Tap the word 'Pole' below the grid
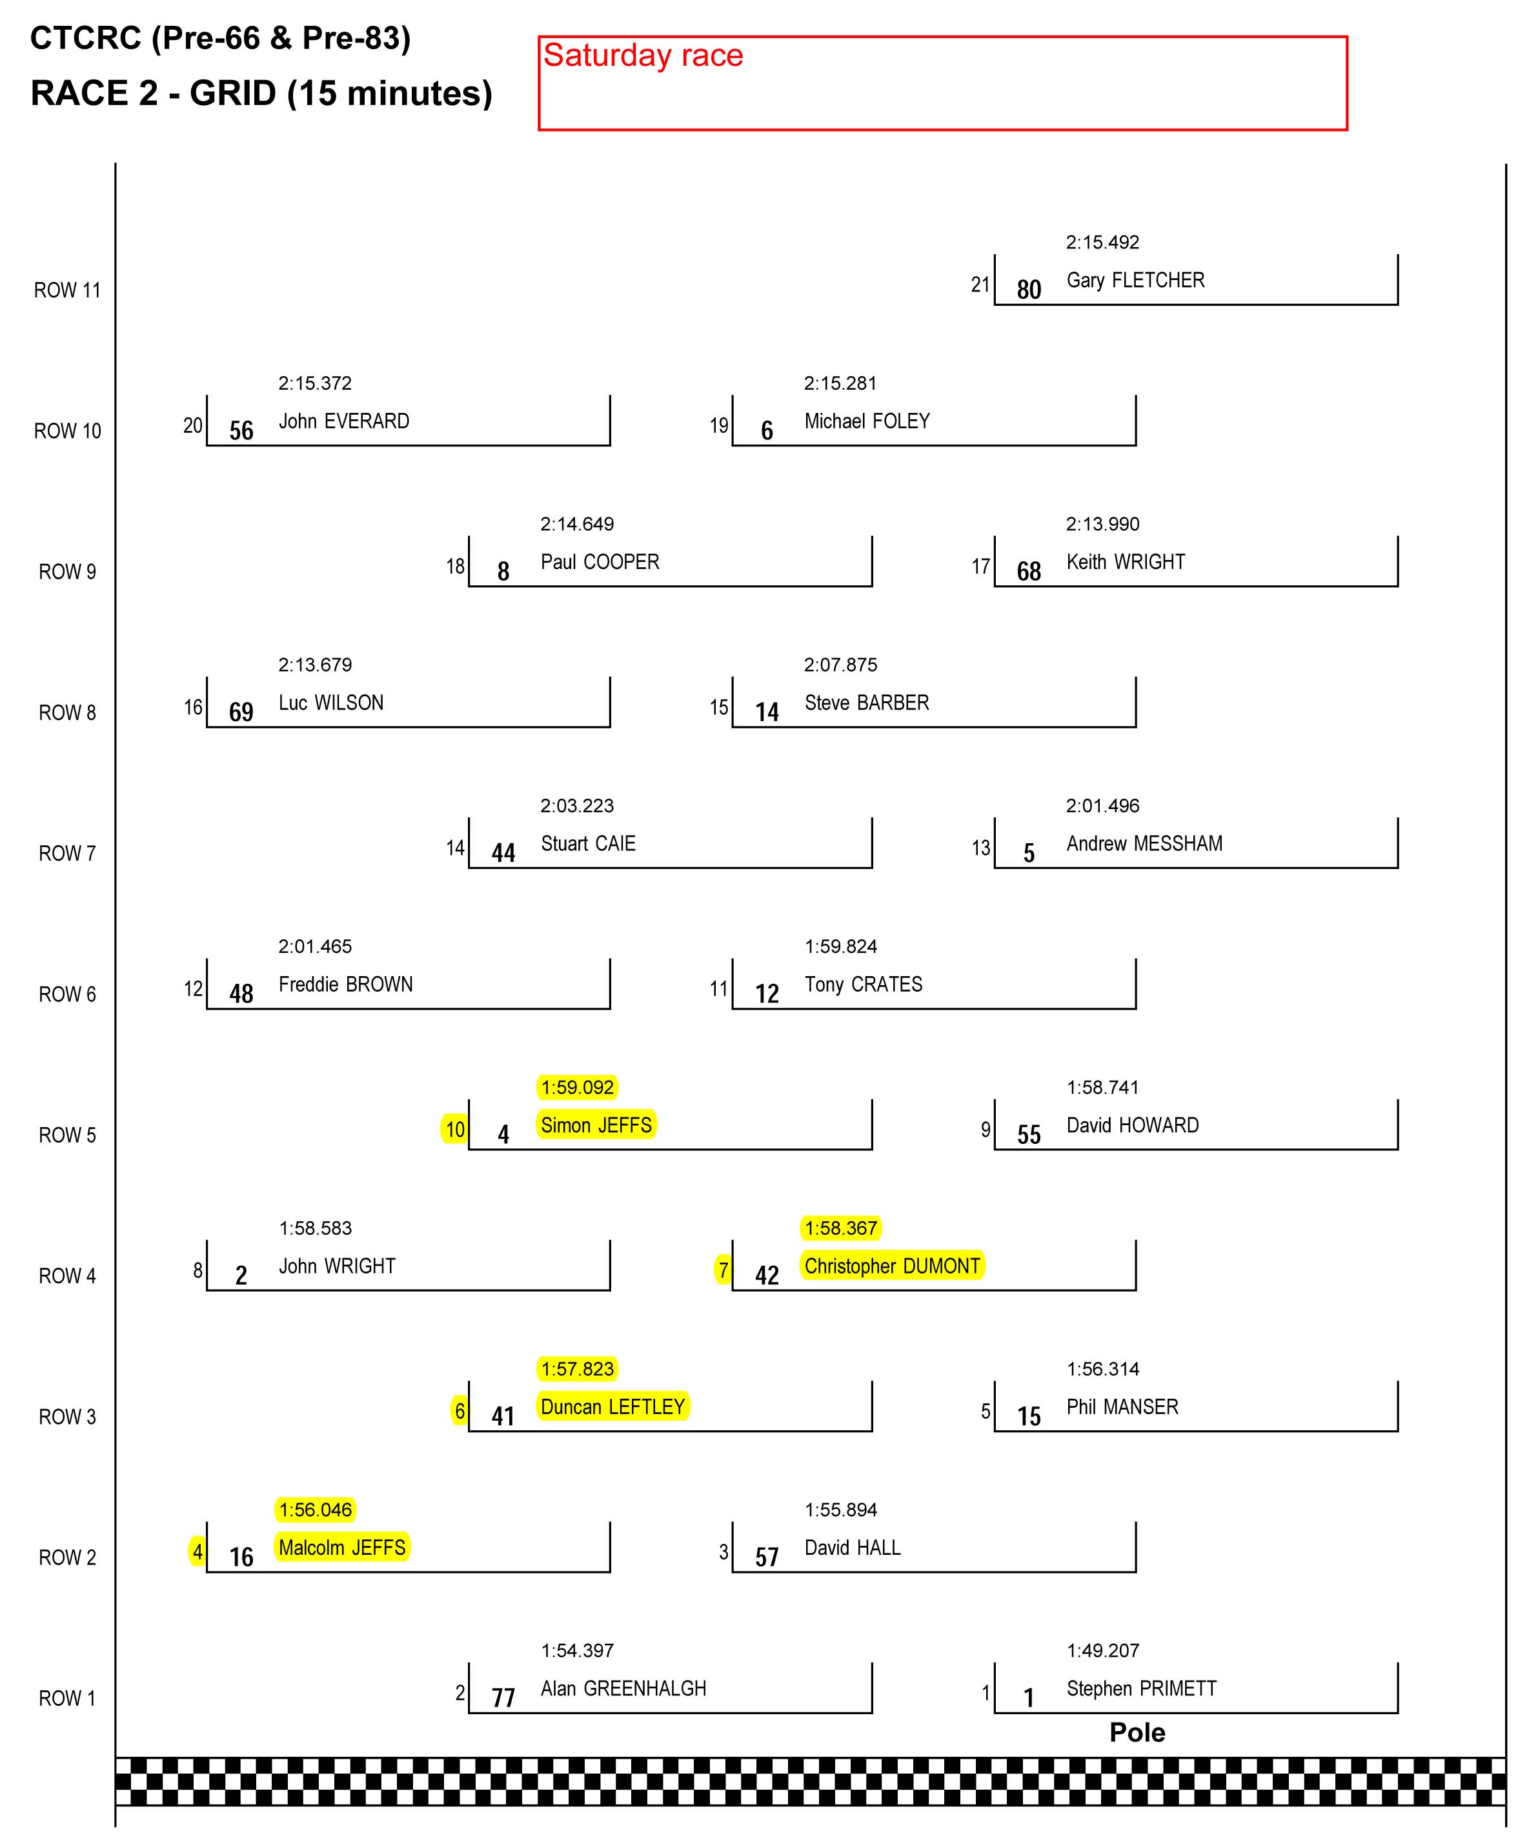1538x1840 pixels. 1137,1732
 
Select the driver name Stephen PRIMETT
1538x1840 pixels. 1141,1688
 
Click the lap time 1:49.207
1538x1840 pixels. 1102,1651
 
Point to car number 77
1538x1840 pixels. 503,1698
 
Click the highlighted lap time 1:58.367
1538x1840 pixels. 840,1228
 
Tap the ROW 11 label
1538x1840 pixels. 68,290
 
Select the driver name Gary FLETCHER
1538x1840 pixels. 1135,281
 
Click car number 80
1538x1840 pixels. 1029,290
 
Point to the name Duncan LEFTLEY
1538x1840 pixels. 612,1407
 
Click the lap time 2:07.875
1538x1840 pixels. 840,665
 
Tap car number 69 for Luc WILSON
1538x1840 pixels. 241,712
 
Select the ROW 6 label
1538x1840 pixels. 68,994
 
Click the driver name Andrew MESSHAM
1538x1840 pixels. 1144,844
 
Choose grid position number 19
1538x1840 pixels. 718,426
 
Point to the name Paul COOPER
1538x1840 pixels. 600,563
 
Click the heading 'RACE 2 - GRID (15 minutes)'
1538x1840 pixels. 261,93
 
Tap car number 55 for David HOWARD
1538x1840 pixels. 1029,1135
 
